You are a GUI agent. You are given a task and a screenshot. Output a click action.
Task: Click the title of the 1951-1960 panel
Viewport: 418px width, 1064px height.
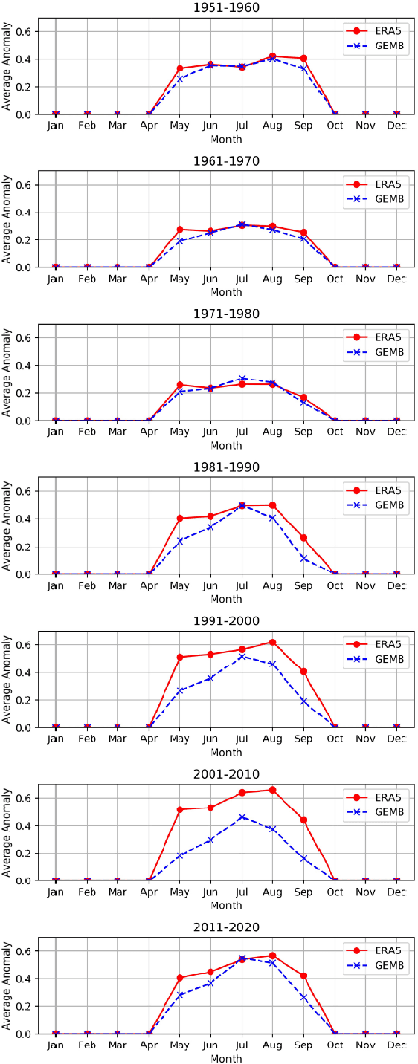tap(226, 7)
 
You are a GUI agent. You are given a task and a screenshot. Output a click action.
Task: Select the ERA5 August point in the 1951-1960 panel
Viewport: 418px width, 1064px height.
tap(272, 56)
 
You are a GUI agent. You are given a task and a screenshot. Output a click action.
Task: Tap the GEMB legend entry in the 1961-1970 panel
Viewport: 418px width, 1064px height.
tap(375, 198)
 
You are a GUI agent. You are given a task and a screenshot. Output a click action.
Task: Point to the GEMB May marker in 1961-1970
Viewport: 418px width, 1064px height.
tap(180, 241)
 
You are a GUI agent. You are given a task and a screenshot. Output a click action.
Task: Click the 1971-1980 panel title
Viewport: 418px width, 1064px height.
tap(226, 314)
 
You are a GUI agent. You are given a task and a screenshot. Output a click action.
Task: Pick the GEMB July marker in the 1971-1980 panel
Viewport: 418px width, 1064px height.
tap(242, 378)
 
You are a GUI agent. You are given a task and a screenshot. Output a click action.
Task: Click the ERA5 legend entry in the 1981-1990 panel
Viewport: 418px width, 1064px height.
tap(375, 490)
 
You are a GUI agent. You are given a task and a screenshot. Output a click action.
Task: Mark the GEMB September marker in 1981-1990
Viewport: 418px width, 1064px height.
tap(303, 558)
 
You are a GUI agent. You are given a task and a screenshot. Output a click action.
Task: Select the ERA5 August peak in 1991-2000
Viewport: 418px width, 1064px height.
tap(272, 642)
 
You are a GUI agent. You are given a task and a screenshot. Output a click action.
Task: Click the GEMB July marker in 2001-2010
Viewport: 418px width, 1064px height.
tap(242, 817)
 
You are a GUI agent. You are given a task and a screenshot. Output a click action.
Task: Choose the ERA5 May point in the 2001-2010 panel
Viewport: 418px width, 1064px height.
tap(180, 809)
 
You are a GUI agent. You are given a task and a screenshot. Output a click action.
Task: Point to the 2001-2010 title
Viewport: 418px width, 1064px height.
tap(226, 774)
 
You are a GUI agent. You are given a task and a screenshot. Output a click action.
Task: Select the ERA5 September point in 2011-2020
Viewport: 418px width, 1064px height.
tap(303, 976)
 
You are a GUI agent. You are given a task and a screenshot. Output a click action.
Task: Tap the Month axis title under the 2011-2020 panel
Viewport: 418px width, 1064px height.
tap(226, 1058)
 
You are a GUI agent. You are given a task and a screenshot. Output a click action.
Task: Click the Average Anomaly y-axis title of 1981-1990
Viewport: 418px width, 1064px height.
tap(7, 526)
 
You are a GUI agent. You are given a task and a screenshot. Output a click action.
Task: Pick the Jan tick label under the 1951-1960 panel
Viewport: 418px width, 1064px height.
tap(56, 126)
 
